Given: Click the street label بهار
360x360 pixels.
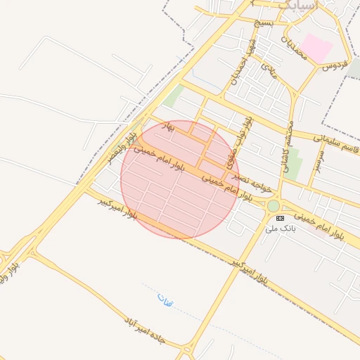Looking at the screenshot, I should point(167,127).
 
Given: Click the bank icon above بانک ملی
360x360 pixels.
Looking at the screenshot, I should point(281,219).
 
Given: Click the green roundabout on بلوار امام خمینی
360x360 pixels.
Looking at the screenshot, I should point(273,205).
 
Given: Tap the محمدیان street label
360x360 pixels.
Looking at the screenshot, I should point(296,47).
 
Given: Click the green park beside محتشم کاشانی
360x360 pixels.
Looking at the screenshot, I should point(295,163).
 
